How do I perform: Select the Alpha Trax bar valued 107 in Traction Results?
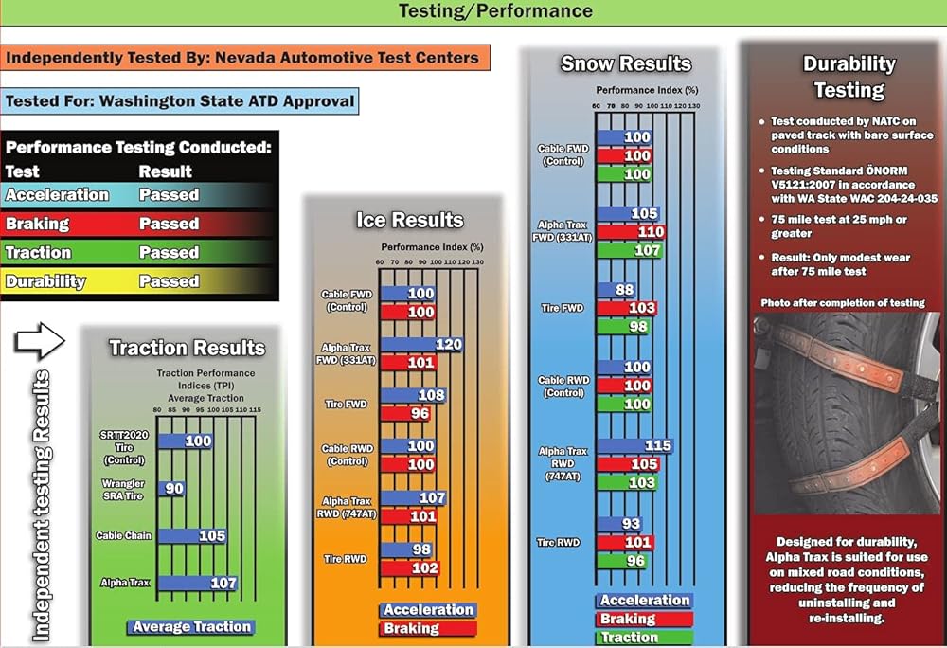[x=198, y=583]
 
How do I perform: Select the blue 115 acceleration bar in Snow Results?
[x=635, y=445]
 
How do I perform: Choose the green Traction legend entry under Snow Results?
[x=644, y=638]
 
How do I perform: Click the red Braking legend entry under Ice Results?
[x=427, y=628]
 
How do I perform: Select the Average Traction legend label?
[x=192, y=626]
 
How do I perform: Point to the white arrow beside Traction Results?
[x=41, y=339]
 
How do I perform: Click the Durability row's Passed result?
[x=169, y=281]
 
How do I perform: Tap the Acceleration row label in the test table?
[x=58, y=195]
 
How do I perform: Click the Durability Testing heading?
[x=849, y=77]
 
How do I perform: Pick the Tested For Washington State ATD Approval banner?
[x=180, y=100]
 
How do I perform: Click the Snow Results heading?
[x=626, y=64]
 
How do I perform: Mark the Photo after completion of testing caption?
[x=843, y=303]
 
